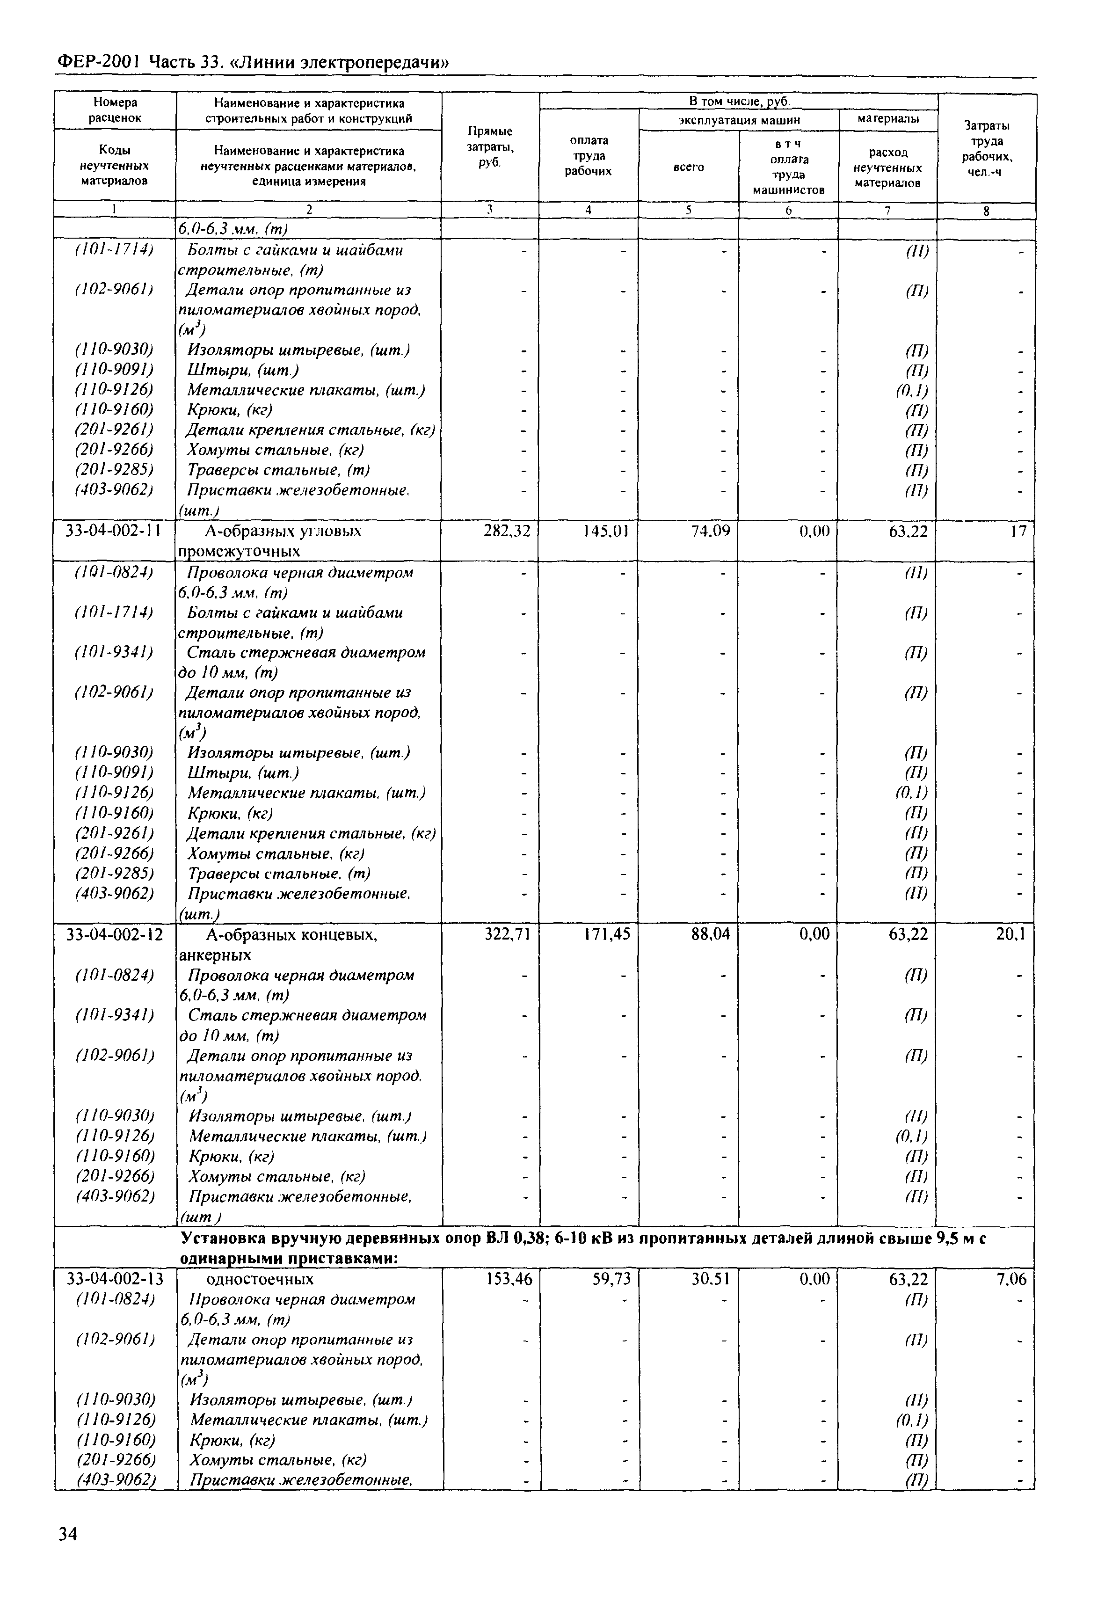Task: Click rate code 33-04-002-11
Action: coord(113,531)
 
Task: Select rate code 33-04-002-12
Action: coord(114,935)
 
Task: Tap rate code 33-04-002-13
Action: coord(114,1278)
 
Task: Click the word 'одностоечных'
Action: coord(260,1278)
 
